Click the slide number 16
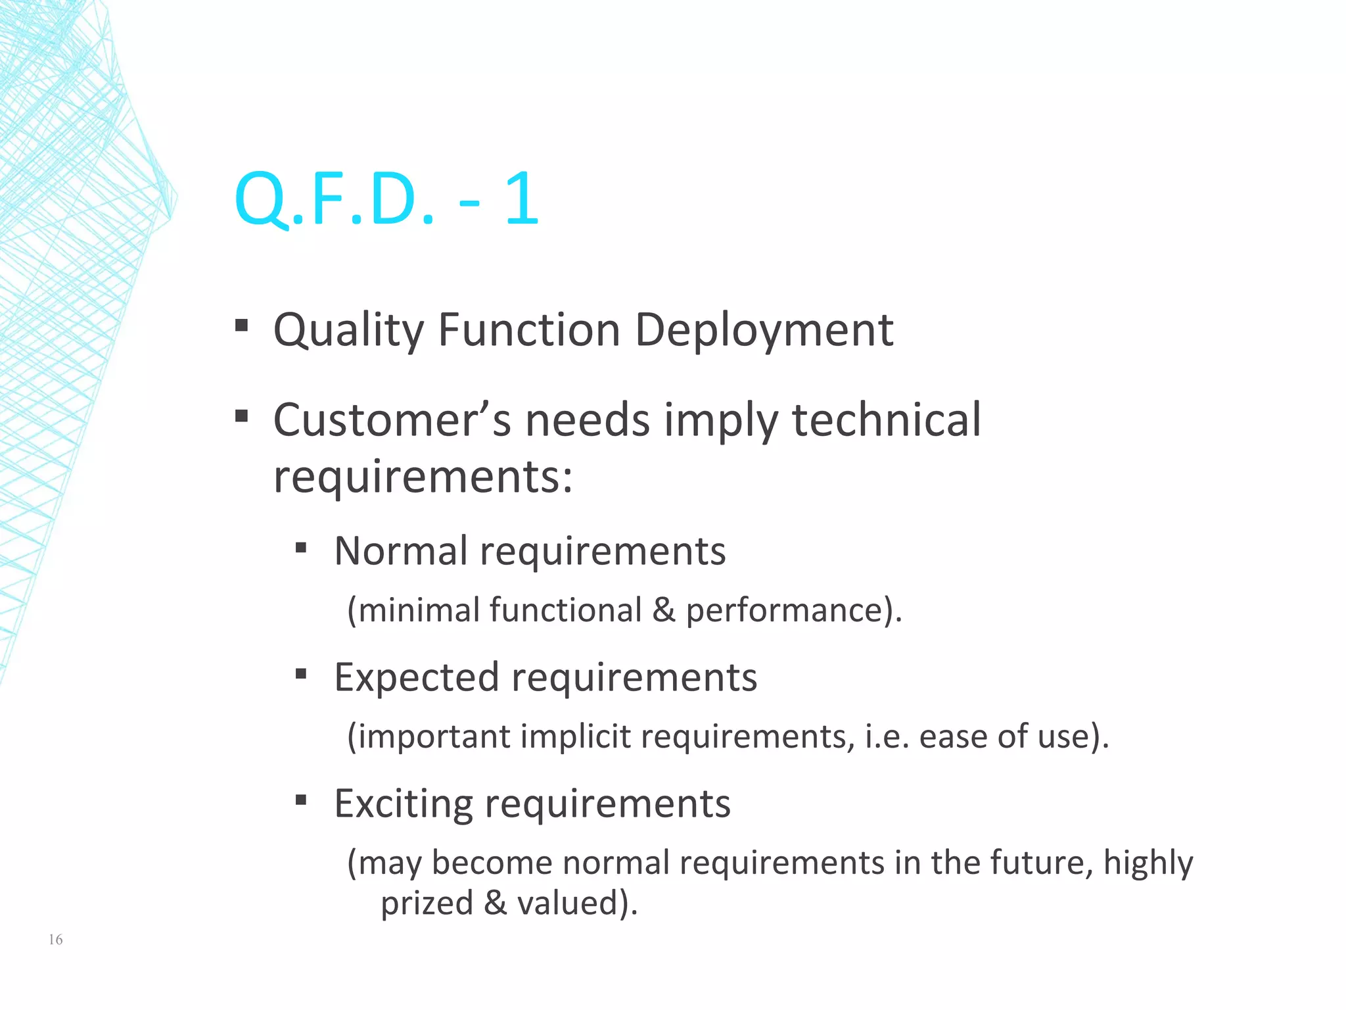(55, 940)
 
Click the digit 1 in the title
(522, 199)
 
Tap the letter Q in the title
(261, 199)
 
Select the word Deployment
(764, 330)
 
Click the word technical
(887, 420)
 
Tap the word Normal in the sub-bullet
(401, 551)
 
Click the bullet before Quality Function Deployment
(241, 325)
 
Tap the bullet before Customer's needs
(241, 416)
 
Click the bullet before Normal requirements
(301, 547)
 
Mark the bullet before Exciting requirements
(301, 800)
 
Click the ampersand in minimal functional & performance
(664, 610)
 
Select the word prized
(427, 903)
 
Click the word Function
(528, 330)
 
